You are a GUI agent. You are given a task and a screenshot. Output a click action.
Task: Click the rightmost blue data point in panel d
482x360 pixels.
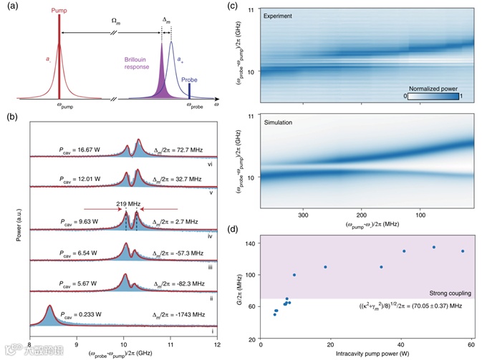tap(463, 251)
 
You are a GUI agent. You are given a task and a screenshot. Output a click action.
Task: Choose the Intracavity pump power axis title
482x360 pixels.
tap(365, 353)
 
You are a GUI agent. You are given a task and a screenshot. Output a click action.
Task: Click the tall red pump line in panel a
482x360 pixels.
tap(59, 57)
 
